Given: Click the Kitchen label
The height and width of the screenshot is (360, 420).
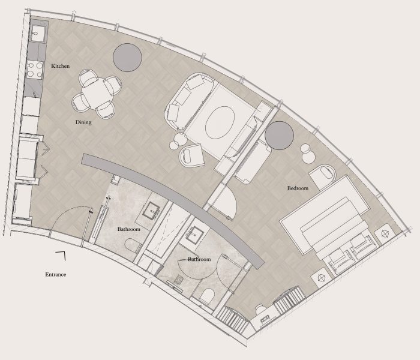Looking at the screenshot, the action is pos(60,66).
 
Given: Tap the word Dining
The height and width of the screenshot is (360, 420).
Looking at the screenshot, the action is pos(83,122).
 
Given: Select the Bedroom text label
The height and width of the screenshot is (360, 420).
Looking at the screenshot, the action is pos(298,188).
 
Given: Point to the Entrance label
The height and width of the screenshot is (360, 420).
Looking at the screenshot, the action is pos(55,275).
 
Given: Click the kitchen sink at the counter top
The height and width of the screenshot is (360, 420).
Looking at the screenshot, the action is pos(37,34).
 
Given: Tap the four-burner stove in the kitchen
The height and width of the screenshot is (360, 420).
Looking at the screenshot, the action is pos(35,70).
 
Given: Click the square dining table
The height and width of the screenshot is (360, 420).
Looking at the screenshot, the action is pos(97,93).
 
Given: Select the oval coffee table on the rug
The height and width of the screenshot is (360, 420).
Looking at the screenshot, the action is pos(220,122).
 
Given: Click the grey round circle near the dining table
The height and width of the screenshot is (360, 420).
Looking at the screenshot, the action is pos(127,58).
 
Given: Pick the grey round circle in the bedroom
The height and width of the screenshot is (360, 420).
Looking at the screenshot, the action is pos(279,135).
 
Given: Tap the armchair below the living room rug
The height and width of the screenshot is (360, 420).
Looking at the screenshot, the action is pos(191,155).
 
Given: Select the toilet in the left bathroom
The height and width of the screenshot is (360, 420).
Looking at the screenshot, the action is pos(133,246).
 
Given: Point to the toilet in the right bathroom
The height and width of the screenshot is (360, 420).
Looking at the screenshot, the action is pos(208,296).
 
